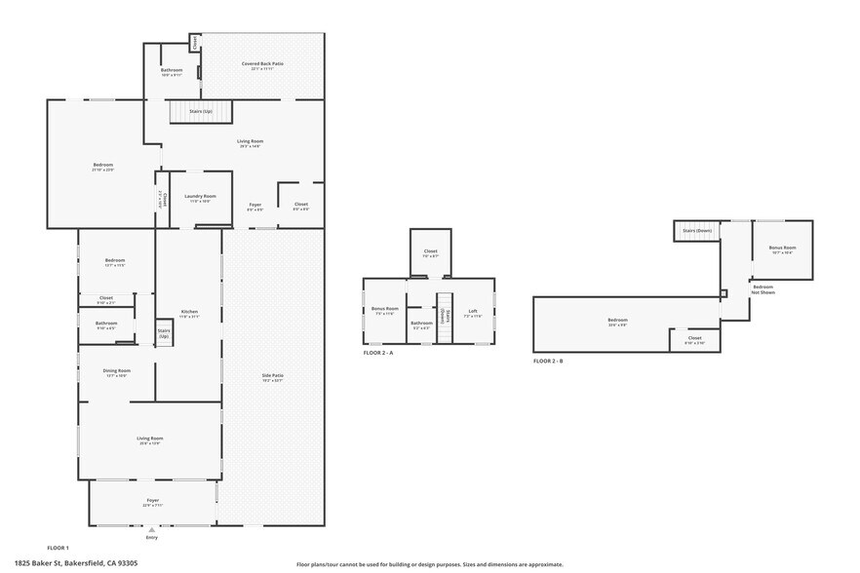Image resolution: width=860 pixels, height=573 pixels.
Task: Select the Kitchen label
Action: (189, 314)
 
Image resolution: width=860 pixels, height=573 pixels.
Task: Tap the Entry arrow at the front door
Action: (151, 530)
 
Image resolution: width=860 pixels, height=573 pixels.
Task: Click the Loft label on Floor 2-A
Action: (472, 311)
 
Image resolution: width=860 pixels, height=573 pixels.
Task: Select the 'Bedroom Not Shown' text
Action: (762, 288)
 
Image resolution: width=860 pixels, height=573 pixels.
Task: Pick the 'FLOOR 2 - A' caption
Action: (377, 352)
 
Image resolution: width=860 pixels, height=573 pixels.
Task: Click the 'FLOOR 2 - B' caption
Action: (548, 361)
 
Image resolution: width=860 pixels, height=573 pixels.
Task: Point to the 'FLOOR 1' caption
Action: (59, 549)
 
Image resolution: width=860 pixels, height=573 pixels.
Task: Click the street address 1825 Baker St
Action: (83, 563)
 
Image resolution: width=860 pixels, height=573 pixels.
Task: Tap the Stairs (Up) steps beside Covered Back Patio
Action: (202, 112)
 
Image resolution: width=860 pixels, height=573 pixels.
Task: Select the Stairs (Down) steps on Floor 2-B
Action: (697, 231)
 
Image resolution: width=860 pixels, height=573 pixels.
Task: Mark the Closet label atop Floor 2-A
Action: (430, 252)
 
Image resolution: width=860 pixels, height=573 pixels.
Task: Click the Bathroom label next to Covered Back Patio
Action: (172, 71)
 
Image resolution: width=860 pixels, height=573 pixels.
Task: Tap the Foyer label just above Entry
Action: (152, 502)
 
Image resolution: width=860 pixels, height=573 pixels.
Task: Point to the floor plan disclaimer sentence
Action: (429, 563)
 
